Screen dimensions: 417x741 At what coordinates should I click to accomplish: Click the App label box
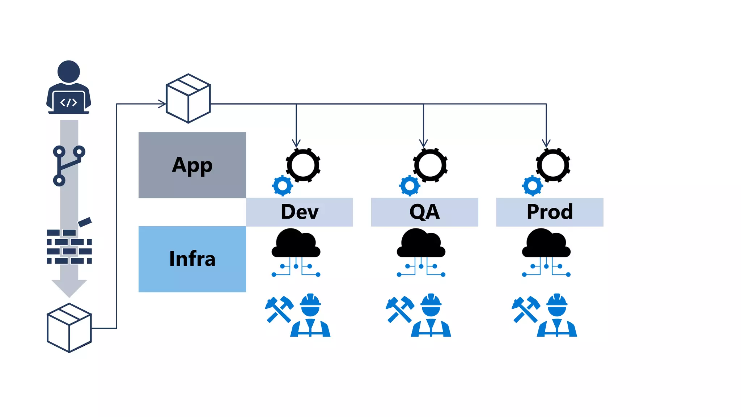(192, 165)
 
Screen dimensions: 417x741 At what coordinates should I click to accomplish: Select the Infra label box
(192, 259)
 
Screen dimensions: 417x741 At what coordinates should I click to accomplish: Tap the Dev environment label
(299, 212)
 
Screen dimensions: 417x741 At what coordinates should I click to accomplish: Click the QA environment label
(424, 212)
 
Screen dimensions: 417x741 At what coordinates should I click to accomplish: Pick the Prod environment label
(550, 212)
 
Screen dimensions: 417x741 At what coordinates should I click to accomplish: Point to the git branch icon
(68, 166)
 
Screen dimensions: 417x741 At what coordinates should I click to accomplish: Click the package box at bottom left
(69, 328)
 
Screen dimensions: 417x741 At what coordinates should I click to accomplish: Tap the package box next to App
(188, 98)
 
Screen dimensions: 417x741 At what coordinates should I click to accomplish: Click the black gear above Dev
(303, 165)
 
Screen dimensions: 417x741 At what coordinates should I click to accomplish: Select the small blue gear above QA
(410, 186)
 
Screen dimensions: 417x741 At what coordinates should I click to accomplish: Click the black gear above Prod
(553, 165)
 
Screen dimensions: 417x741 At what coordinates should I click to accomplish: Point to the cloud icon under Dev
(296, 244)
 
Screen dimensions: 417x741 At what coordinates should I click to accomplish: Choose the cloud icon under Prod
(546, 244)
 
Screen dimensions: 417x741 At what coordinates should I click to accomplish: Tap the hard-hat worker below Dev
(310, 316)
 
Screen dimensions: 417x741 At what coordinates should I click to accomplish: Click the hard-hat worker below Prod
(557, 316)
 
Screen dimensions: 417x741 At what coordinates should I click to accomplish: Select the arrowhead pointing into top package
(162, 104)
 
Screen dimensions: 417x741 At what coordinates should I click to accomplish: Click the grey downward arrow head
(69, 287)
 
